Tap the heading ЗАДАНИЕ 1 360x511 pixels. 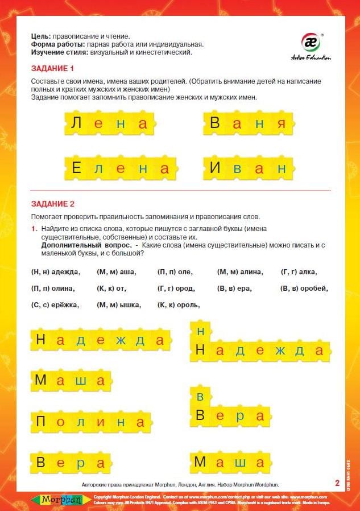(52, 69)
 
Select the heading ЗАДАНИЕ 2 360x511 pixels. (52, 204)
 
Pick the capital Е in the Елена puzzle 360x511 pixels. (77, 168)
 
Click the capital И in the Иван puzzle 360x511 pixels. (215, 168)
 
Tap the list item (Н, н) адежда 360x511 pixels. (56, 272)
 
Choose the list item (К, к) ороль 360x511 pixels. (179, 305)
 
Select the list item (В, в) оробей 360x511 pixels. (304, 289)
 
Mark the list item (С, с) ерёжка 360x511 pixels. (55, 305)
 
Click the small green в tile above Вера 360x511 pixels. (200, 397)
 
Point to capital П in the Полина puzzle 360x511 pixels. (41, 422)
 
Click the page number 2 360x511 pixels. (337, 483)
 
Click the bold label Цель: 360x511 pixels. (41, 36)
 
